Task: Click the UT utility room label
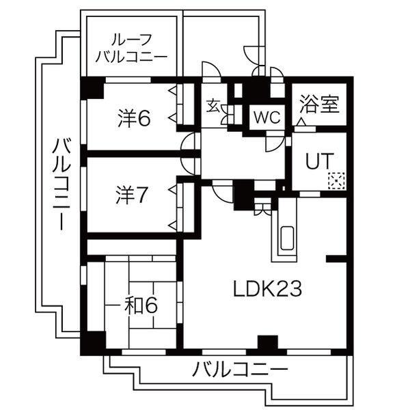click(319, 161)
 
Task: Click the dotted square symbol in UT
click(336, 181)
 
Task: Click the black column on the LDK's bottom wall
click(267, 343)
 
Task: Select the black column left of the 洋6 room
click(91, 89)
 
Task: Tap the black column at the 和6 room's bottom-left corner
click(92, 342)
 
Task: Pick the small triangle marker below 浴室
click(301, 121)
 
